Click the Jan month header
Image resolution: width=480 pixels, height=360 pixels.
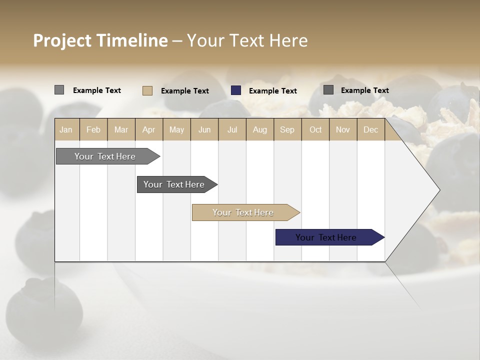pyautogui.click(x=66, y=129)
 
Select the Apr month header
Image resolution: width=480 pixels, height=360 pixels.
pyautogui.click(x=148, y=129)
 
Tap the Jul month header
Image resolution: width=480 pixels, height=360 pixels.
pyautogui.click(x=232, y=129)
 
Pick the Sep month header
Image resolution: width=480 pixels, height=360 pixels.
pyautogui.click(x=287, y=129)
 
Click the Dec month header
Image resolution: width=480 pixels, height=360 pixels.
pyautogui.click(x=370, y=129)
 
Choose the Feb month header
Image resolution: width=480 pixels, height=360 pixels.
pyautogui.click(x=93, y=129)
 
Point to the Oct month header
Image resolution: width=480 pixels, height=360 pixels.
pyautogui.click(x=315, y=129)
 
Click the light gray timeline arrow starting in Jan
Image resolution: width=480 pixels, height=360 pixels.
pyautogui.click(x=105, y=156)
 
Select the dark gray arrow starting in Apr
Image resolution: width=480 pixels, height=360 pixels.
pyautogui.click(x=174, y=184)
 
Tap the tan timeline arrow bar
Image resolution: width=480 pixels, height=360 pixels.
pyautogui.click(x=243, y=212)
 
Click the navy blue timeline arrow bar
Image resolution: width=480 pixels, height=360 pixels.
pyautogui.click(x=326, y=237)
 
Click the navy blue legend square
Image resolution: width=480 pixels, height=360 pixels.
pyautogui.click(x=236, y=90)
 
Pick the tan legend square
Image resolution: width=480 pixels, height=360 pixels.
pyautogui.click(x=147, y=90)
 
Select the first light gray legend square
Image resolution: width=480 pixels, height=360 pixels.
pyautogui.click(x=59, y=90)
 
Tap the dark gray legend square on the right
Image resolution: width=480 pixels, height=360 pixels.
pyautogui.click(x=328, y=90)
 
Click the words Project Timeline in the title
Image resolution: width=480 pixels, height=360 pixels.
pyautogui.click(x=100, y=40)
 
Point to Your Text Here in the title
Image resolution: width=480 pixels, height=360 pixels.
pyautogui.click(x=247, y=40)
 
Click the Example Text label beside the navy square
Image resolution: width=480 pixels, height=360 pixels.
pyautogui.click(x=272, y=91)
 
